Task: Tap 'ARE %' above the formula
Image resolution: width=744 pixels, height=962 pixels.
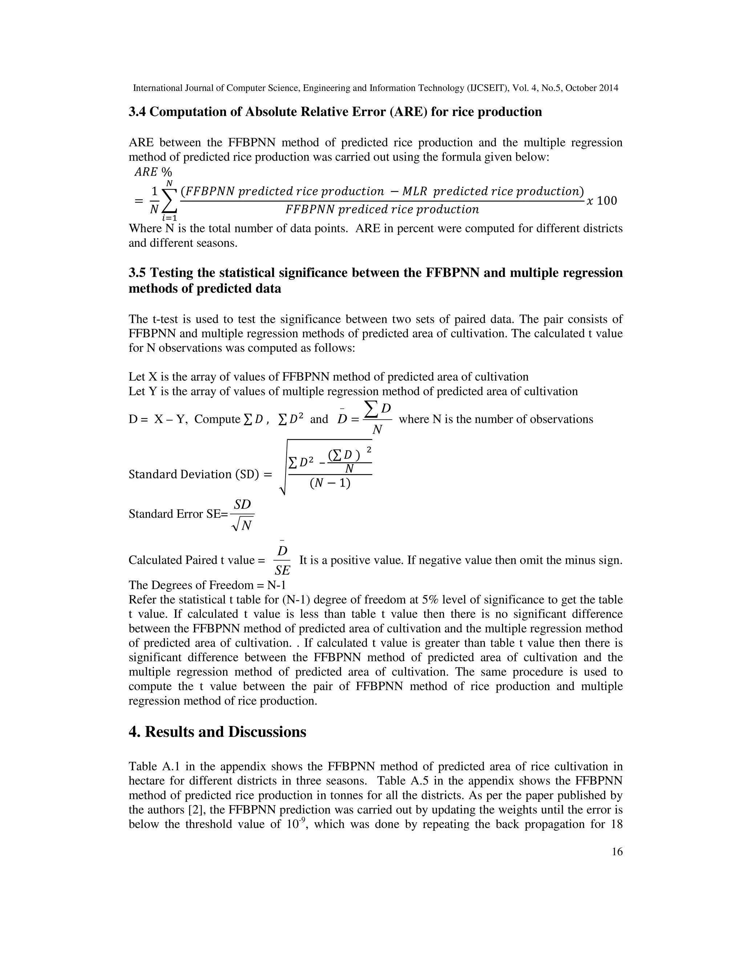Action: [153, 171]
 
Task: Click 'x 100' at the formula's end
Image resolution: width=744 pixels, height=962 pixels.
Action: [602, 201]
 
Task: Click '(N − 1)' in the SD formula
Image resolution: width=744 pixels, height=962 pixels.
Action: [330, 483]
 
